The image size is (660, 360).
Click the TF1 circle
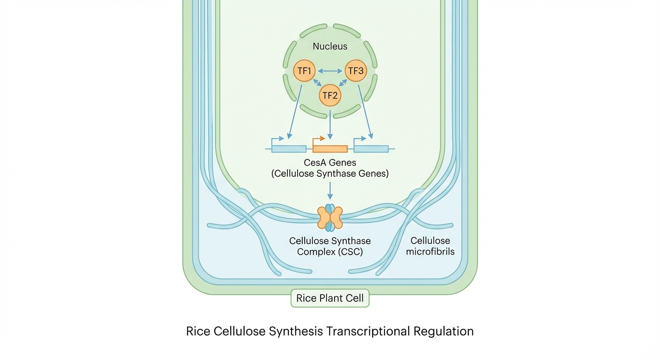[x=304, y=71]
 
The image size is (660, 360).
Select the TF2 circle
[x=330, y=96]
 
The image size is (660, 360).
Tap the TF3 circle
[x=356, y=71]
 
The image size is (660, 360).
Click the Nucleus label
[x=330, y=46]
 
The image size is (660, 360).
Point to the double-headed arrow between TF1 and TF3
[x=330, y=71]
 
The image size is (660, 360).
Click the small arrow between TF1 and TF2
[x=317, y=82]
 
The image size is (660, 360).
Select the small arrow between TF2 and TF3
[x=343, y=82]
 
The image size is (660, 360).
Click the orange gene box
[x=330, y=149]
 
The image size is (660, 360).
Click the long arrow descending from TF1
[x=295, y=112]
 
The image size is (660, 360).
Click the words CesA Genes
[x=330, y=163]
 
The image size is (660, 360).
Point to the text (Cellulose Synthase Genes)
[x=330, y=173]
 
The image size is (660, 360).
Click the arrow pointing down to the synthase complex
[x=330, y=191]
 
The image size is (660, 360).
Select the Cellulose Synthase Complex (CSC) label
[x=330, y=246]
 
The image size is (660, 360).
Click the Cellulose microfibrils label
[x=430, y=246]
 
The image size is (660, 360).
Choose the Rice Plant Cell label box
[x=330, y=298]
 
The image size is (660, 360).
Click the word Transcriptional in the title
[x=367, y=331]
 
